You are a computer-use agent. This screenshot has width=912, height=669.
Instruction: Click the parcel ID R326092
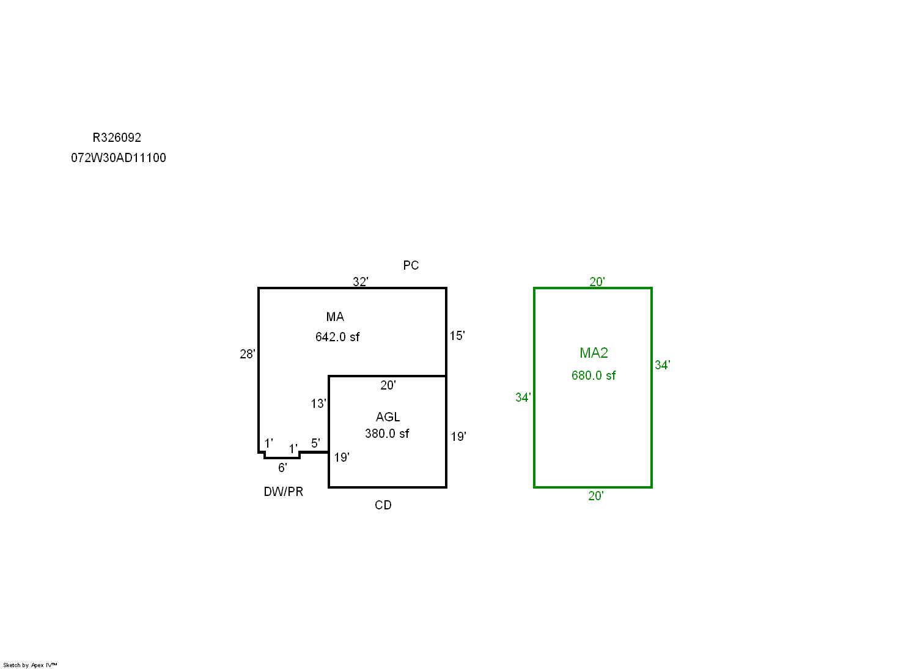(117, 138)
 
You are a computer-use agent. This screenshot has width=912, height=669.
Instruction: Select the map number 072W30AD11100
(119, 158)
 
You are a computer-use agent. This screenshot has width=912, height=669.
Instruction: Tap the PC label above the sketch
(411, 265)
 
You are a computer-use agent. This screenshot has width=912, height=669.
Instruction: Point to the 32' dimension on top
(360, 282)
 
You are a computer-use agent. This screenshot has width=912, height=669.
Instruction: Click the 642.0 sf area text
(337, 337)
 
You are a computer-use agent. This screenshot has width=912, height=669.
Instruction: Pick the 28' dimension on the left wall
(247, 354)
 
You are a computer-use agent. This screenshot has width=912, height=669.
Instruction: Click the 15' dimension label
(457, 336)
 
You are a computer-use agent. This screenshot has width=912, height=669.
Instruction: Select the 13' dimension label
(318, 404)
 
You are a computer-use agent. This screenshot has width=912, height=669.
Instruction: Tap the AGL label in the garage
(388, 417)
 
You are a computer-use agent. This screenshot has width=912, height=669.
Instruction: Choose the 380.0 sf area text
(387, 434)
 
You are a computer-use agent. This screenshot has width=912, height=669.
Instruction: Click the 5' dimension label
(315, 443)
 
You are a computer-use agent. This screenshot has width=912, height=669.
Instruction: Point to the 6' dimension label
(282, 468)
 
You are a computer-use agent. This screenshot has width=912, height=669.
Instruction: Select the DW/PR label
(283, 492)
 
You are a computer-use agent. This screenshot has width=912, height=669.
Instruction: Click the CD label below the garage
(383, 505)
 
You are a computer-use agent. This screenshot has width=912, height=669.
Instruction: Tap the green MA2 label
(594, 353)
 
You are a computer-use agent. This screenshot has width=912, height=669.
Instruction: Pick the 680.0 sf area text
(594, 375)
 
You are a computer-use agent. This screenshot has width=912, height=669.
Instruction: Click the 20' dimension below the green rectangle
(595, 496)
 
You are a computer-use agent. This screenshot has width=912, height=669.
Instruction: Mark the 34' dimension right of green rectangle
(663, 365)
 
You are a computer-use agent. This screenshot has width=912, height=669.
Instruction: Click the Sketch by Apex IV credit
(30, 665)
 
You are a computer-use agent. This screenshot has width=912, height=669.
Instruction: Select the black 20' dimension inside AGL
(388, 385)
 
